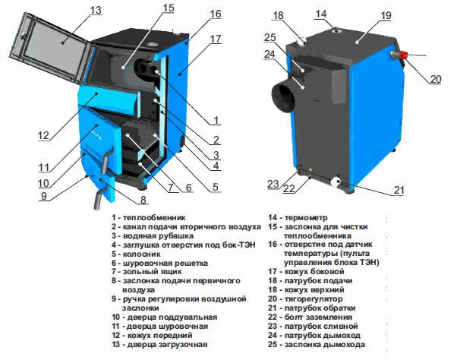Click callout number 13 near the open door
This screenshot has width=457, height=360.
[x=95, y=10]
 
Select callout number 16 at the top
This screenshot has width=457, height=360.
[x=216, y=14]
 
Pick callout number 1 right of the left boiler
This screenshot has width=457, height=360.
[x=216, y=119]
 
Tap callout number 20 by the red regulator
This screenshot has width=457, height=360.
[x=435, y=78]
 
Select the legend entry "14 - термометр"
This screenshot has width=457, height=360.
[x=297, y=216]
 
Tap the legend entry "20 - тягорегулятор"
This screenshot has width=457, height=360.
[x=307, y=298]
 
